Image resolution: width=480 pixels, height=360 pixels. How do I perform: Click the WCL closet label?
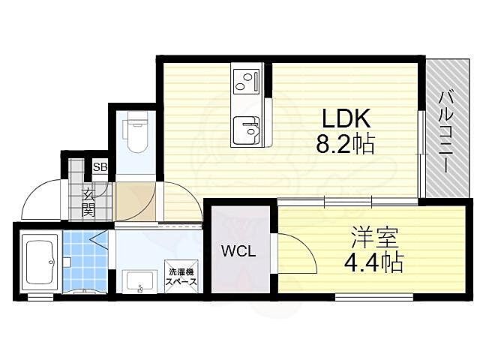click(x=238, y=252)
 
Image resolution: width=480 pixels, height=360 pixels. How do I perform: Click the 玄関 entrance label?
click(x=88, y=202)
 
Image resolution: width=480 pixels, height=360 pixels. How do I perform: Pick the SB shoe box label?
click(x=100, y=167)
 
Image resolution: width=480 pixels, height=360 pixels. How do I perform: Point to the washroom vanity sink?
click(x=136, y=282)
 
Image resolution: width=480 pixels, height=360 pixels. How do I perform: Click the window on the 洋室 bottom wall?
click(x=373, y=297)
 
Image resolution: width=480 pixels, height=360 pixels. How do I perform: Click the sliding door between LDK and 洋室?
click(x=345, y=201)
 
